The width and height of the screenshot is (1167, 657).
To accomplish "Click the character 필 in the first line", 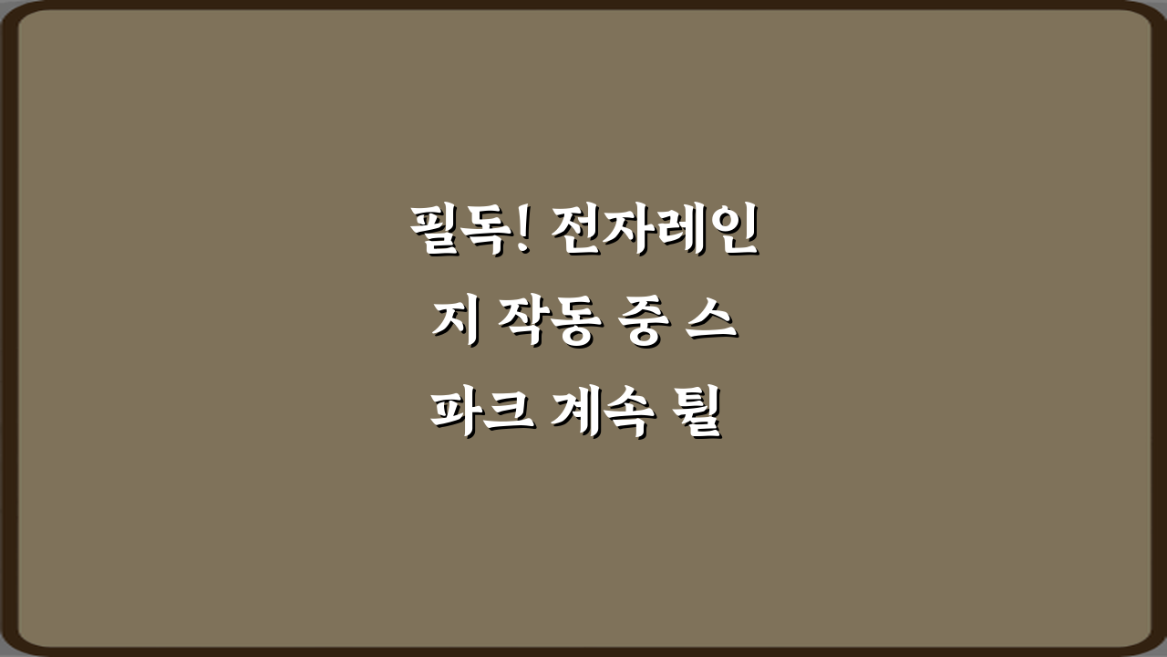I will click(432, 233).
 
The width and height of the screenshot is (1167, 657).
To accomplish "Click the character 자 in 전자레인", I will click(631, 233).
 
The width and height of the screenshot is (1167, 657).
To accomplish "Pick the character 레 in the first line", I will click(682, 233).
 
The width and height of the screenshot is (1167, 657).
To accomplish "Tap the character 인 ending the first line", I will click(733, 233).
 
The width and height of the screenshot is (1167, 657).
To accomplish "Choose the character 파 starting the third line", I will click(456, 415).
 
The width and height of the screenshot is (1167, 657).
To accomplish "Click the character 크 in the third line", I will click(508, 415).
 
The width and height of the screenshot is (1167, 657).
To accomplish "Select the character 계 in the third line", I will click(578, 415).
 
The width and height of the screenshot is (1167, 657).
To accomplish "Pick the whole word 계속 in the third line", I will click(604, 415).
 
